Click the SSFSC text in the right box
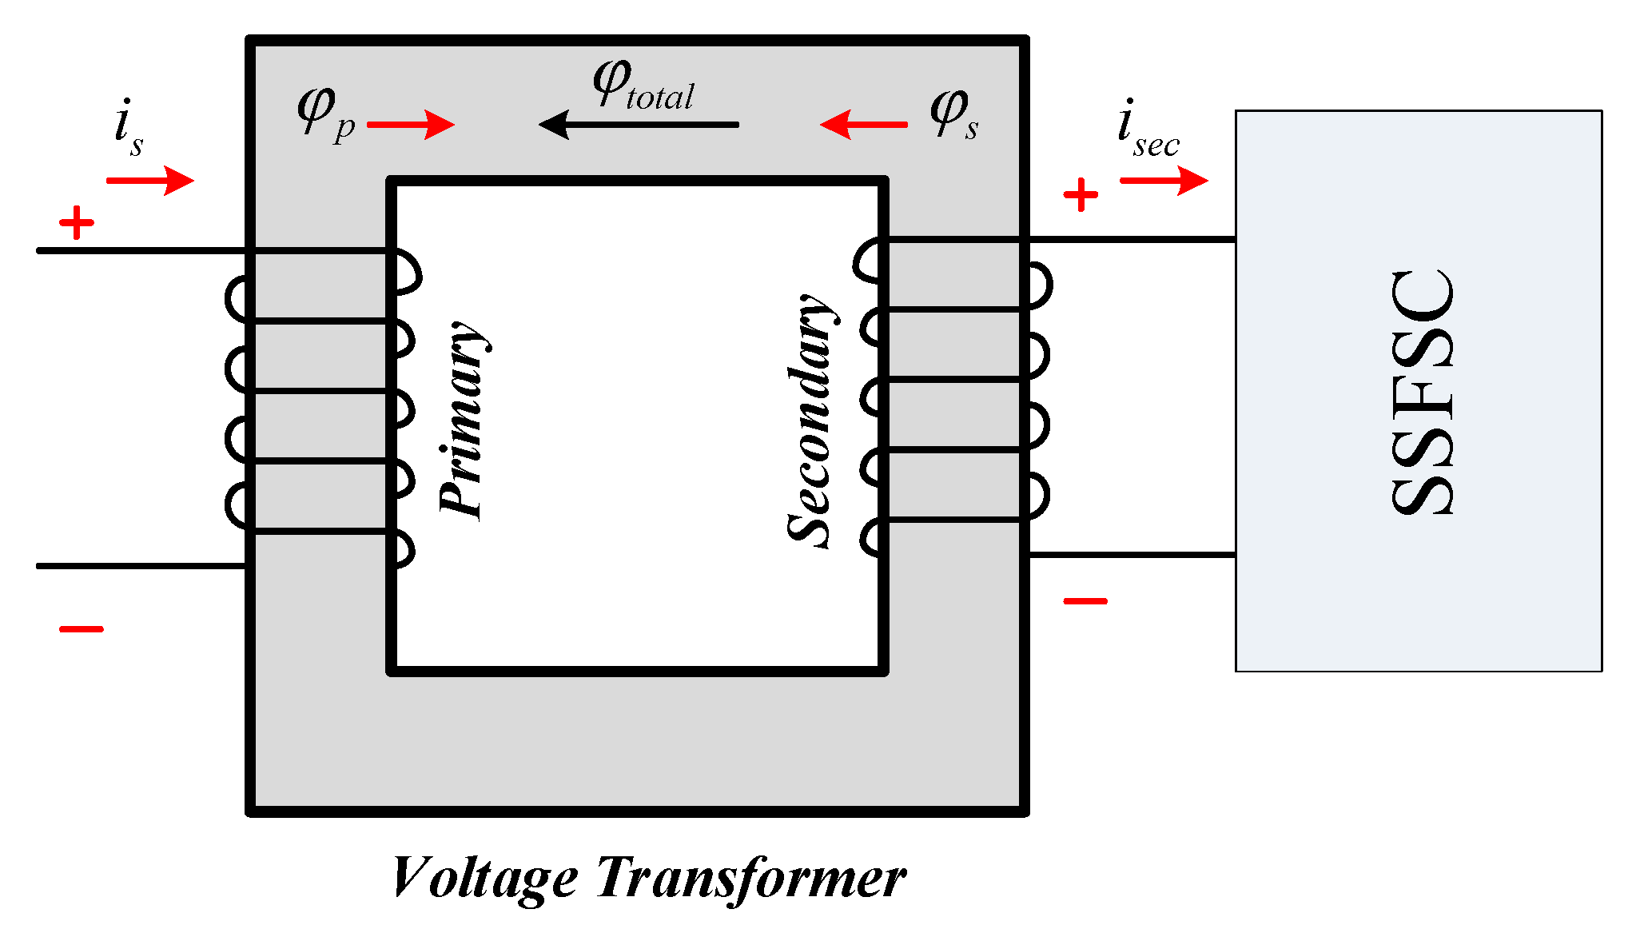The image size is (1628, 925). [1422, 392]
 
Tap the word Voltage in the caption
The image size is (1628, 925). [484, 878]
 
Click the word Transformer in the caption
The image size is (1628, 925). [751, 878]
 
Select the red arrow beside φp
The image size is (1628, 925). [411, 125]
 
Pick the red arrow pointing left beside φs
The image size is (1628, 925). [864, 125]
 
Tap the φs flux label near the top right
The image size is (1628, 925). [953, 113]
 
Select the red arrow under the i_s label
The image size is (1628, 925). [150, 181]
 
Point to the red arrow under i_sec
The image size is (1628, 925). [1164, 181]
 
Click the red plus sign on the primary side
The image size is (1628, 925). [77, 223]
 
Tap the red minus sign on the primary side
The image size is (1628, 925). [82, 629]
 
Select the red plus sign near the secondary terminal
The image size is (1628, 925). [1081, 195]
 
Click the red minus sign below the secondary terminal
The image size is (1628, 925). [1085, 601]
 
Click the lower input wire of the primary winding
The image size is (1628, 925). [141, 566]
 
